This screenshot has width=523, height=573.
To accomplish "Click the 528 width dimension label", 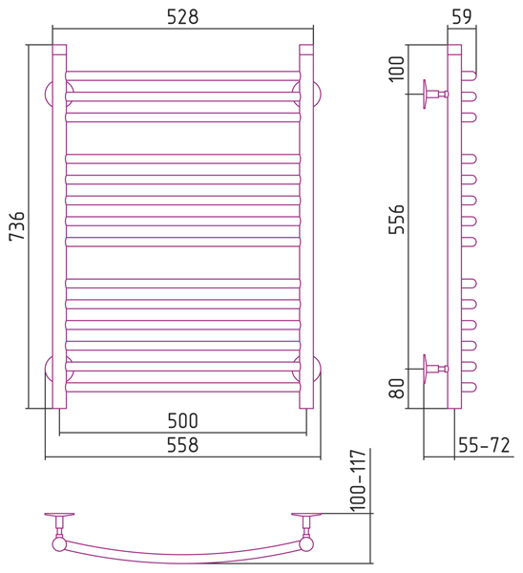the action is [x=182, y=17].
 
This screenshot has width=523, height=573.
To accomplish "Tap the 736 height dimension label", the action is [x=17, y=225].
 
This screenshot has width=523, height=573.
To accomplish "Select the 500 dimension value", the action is [x=182, y=420].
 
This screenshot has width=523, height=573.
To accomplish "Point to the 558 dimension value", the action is [x=182, y=445].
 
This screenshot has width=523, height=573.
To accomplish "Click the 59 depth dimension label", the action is [x=462, y=16].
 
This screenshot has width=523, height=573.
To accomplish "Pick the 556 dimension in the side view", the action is [x=397, y=219].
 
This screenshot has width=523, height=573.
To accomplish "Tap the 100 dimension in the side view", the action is [x=397, y=69].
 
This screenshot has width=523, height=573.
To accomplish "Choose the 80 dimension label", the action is [x=397, y=388].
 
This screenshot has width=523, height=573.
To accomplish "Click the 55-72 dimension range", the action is [x=484, y=445].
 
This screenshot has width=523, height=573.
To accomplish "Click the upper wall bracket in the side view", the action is [x=435, y=95].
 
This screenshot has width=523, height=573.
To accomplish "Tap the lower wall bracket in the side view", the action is [x=435, y=369].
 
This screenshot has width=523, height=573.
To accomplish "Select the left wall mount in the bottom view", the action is [x=59, y=526].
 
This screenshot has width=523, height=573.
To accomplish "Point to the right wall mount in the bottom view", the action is [x=306, y=526].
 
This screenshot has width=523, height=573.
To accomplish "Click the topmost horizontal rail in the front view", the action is [x=183, y=75].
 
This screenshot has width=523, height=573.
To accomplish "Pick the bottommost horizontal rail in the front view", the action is [x=183, y=387].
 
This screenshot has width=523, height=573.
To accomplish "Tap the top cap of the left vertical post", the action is [x=59, y=50].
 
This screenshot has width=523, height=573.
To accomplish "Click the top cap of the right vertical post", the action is [x=306, y=50].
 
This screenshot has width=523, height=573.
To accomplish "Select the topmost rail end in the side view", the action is [x=469, y=75].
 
